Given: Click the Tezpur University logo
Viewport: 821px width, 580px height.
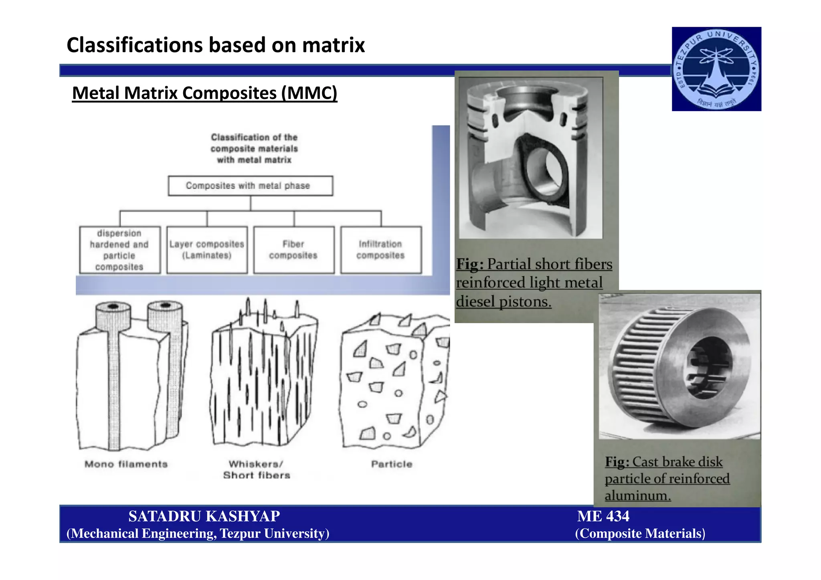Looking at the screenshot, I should [716, 69].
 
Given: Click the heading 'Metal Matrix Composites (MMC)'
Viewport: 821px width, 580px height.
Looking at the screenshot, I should [204, 93].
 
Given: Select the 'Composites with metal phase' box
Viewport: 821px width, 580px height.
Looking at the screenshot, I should [250, 186].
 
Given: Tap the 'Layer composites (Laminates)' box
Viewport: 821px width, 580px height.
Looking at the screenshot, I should [207, 250].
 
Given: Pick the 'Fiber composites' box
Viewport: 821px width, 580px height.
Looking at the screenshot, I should [294, 250].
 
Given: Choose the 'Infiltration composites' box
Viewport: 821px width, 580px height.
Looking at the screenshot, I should [381, 250].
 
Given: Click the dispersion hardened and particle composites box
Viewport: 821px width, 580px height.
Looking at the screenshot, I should [120, 250].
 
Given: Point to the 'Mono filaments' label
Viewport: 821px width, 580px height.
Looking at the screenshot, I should [126, 464].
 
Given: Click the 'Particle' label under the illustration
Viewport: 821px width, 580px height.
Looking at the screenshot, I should [392, 464].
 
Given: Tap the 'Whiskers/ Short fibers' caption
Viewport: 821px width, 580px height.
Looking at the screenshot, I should [257, 469].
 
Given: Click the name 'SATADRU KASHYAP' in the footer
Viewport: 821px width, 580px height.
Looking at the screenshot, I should [204, 516].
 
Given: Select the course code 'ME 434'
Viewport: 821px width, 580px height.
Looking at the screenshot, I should [603, 516].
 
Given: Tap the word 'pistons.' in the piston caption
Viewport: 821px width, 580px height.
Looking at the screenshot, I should [525, 301].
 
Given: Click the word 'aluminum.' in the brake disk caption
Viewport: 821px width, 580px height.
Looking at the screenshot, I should [637, 495].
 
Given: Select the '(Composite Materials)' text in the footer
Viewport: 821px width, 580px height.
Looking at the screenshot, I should [640, 534].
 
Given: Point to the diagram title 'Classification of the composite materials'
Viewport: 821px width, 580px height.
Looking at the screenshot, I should [254, 148].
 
